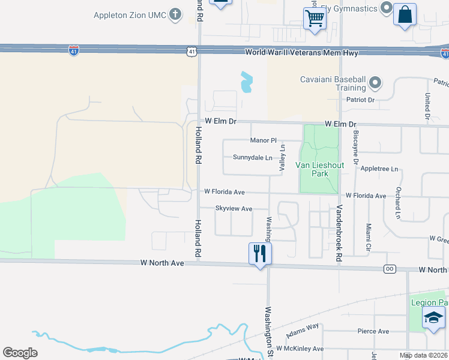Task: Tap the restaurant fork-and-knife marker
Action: pos(260,254)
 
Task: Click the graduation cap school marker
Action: pos(433,318)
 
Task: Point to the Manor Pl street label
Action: pos(263,140)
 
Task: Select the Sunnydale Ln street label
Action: pos(252,158)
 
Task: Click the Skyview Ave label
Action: pos(234,209)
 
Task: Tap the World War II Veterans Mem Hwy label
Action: pos(302,53)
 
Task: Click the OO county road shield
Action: pos(390,269)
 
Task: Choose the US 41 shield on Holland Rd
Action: pos(191,52)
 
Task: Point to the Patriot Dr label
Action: pos(358,100)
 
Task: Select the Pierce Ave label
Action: pos(373,331)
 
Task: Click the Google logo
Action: pos(20,353)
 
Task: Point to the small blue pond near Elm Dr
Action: pos(246,83)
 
